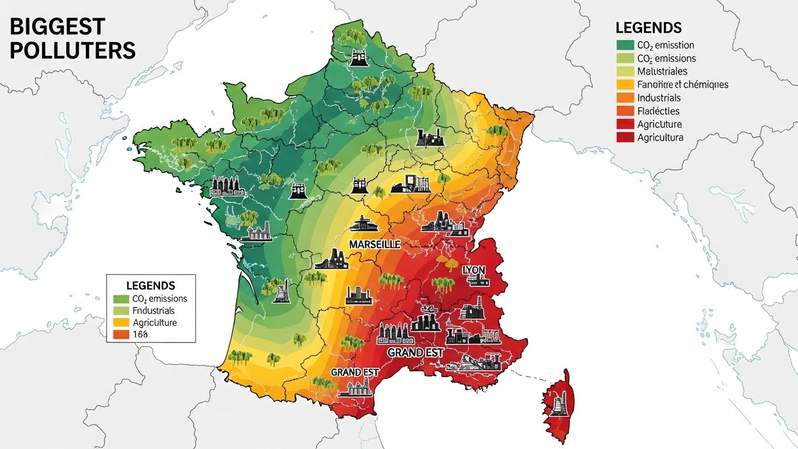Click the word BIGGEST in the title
[x=57, y=27]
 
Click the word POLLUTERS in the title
[x=72, y=51]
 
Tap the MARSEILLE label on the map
[x=374, y=244]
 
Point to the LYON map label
[x=474, y=270]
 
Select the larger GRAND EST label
[x=416, y=353]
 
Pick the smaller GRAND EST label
[x=355, y=372]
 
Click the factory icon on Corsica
[x=558, y=403]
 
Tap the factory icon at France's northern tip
[x=358, y=57]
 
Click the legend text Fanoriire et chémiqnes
[x=683, y=85]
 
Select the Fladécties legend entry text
[x=658, y=111]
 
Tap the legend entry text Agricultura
[x=660, y=138]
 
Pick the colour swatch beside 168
[x=120, y=334]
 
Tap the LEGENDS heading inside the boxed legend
[x=150, y=286]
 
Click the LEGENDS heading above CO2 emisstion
[x=648, y=27]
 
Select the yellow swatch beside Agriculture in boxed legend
[x=120, y=323]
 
